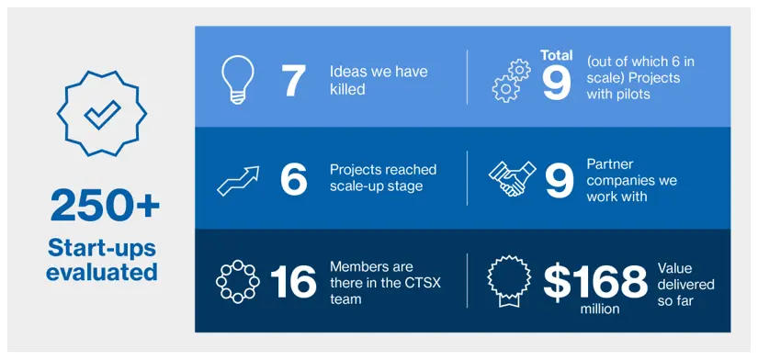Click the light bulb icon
click(237, 79)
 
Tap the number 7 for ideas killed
click(293, 80)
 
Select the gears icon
click(511, 81)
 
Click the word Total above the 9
click(557, 55)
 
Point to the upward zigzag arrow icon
click(238, 181)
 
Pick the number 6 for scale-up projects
click(293, 179)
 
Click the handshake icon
click(512, 178)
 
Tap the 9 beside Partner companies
click(560, 179)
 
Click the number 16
click(293, 282)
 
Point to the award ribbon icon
click(509, 282)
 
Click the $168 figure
click(594, 283)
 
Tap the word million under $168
click(600, 309)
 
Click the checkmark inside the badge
click(102, 115)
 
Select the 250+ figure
click(105, 207)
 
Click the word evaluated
click(102, 272)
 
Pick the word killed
click(347, 89)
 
